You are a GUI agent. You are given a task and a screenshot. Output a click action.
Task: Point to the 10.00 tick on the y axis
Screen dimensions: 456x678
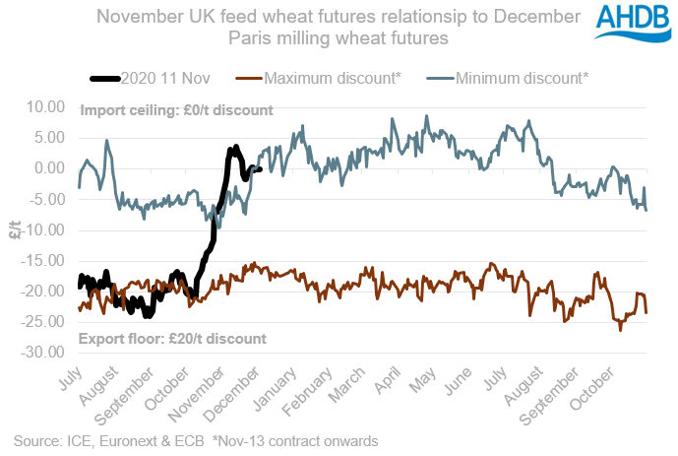(46, 106)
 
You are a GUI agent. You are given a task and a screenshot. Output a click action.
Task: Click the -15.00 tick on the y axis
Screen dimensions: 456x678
(44, 261)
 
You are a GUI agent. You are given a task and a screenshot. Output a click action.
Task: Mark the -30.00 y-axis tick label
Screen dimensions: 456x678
(44, 353)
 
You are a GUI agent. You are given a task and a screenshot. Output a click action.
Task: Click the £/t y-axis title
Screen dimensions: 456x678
(15, 229)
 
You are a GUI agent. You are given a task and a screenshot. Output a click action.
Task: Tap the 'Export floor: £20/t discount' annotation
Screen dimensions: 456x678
(172, 338)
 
